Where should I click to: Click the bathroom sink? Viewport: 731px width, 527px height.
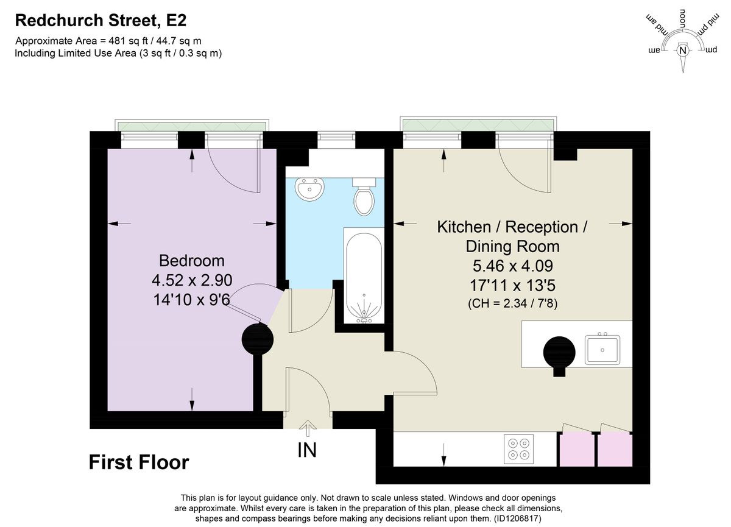click(309, 189)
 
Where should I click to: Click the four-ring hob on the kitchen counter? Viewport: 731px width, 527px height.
click(519, 449)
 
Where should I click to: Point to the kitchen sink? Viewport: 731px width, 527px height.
click(602, 349)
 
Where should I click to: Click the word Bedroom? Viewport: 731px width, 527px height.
click(192, 261)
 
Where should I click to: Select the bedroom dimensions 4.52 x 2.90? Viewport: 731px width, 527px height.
click(192, 280)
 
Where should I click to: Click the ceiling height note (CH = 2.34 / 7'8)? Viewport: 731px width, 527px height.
click(512, 303)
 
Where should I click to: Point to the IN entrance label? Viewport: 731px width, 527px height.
click(306, 450)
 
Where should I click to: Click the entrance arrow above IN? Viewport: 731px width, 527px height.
click(307, 429)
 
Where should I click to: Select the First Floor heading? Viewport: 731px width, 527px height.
click(139, 462)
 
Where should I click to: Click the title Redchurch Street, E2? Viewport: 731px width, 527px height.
click(101, 21)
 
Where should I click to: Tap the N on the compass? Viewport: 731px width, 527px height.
click(683, 51)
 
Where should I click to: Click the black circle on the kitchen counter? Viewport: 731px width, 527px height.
click(559, 353)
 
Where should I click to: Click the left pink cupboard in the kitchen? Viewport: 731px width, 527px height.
click(576, 450)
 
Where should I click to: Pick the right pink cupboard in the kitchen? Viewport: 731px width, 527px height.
click(615, 450)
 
